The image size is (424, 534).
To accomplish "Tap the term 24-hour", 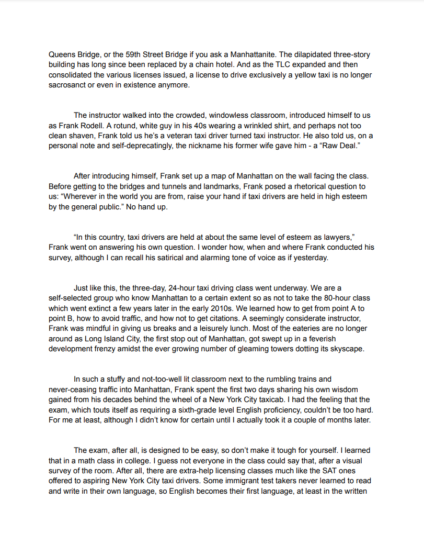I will click(174, 288).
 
